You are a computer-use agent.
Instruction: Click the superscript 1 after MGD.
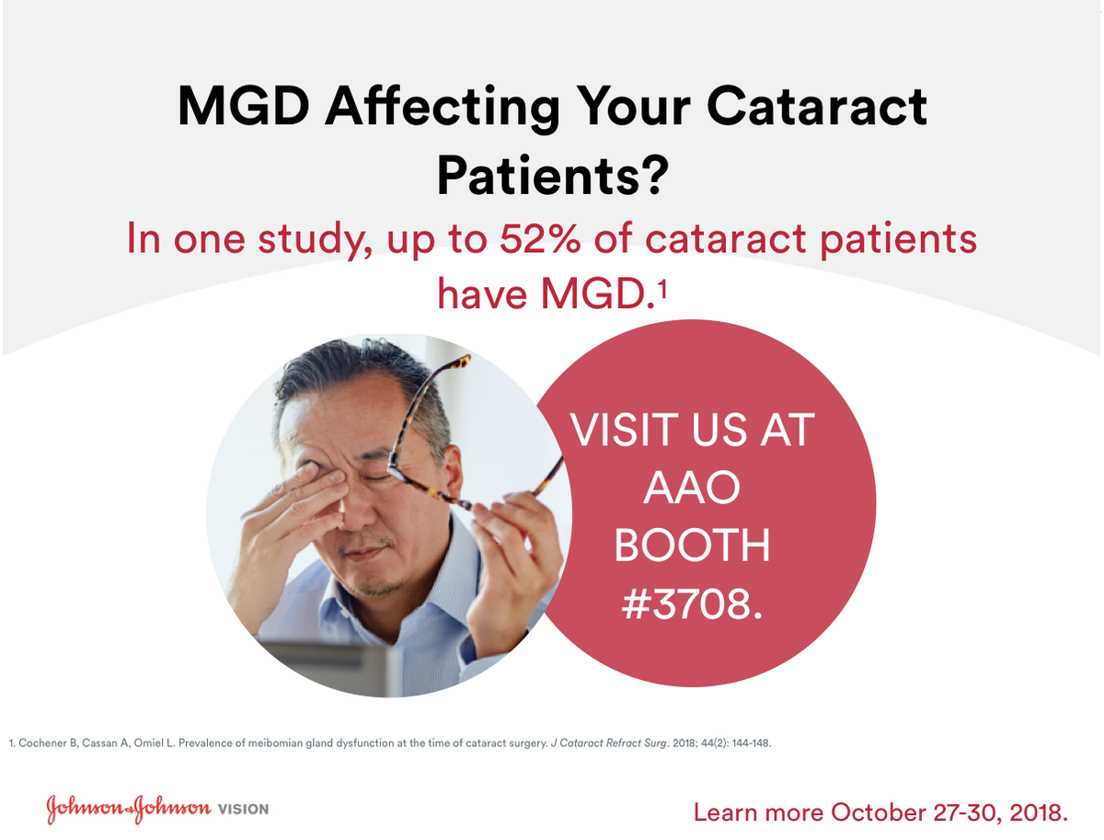[661, 288]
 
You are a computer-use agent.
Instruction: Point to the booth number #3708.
[693, 604]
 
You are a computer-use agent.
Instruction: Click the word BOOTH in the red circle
[692, 546]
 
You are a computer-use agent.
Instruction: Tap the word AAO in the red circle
[692, 488]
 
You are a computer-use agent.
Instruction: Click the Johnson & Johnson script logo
[128, 809]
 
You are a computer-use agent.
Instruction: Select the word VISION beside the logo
[243, 810]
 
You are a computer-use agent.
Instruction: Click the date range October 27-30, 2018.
[949, 812]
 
